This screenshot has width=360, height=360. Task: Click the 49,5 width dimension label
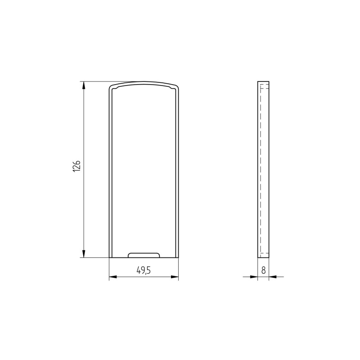point(144,270)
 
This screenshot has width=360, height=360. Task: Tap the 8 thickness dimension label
point(264,270)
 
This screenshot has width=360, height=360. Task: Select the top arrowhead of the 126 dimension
point(84,85)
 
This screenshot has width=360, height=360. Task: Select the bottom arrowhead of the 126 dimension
point(84,253)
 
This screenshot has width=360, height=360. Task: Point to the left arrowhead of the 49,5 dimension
point(113,277)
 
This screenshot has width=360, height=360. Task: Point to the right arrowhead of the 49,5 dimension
point(175,277)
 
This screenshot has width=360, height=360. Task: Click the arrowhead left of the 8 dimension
point(254,277)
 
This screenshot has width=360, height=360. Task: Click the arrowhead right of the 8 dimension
point(273,277)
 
